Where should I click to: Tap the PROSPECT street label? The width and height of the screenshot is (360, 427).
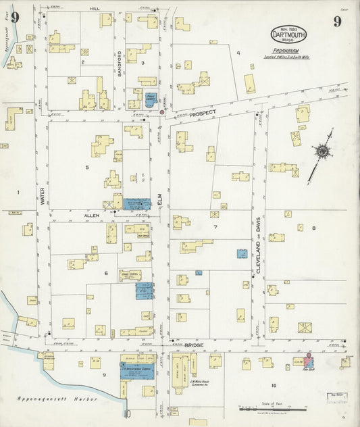[201, 114]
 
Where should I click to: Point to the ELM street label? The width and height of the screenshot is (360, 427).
[160, 200]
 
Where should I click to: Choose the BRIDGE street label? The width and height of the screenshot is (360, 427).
[194, 345]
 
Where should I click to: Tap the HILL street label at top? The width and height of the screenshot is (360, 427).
[95, 9]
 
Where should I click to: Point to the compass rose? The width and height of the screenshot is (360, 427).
[323, 151]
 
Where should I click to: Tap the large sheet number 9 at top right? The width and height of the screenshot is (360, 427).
[336, 22]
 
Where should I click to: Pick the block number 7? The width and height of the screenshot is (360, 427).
[215, 227]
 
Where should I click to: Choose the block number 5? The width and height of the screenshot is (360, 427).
[86, 167]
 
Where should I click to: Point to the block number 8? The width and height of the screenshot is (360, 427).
[313, 228]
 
